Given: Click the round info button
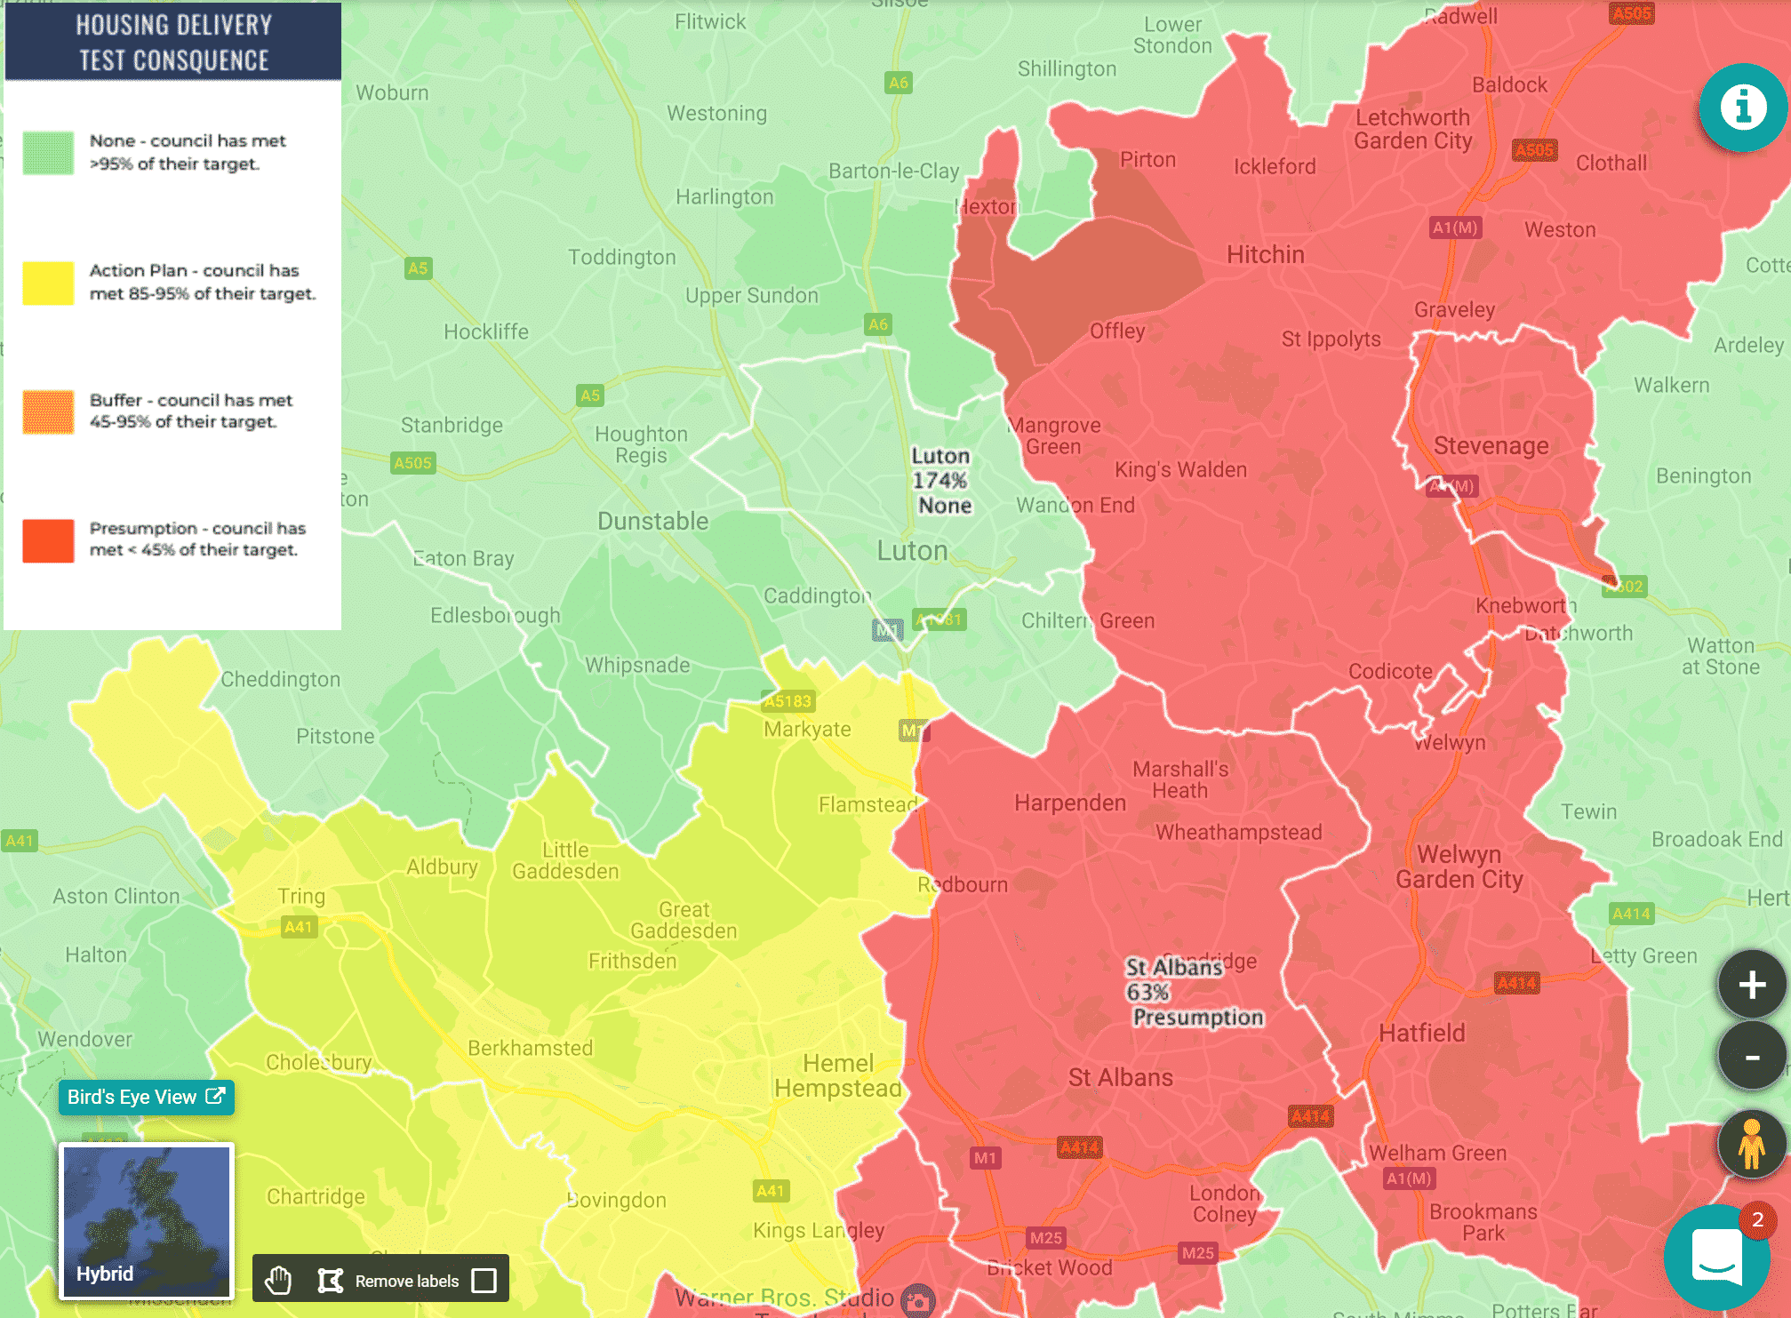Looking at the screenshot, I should point(1742,108).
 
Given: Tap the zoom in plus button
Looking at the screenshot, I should point(1751,984).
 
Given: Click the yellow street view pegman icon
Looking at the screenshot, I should point(1751,1144).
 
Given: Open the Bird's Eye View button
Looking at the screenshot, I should point(146,1097).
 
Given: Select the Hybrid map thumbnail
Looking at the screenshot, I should point(147,1221).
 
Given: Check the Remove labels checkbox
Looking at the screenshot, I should point(484,1280).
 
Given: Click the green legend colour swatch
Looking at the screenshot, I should point(48,153).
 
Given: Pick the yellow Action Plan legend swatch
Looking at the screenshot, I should point(48,283).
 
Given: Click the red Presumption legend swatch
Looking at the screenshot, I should point(48,540).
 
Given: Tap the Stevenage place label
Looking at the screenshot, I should point(1491,445).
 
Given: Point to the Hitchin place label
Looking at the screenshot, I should point(1265,255).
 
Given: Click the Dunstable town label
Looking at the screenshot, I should point(652,521).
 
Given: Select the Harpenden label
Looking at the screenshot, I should point(1069,803).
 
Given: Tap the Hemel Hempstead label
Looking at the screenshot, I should point(837,1075).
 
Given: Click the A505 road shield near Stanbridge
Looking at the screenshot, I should point(412,462).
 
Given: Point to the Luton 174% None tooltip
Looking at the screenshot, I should point(941,481).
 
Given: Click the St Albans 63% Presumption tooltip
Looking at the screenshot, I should point(1193,992).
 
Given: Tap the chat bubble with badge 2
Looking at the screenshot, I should point(1717,1257).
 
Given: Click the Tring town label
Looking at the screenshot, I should point(301,896).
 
